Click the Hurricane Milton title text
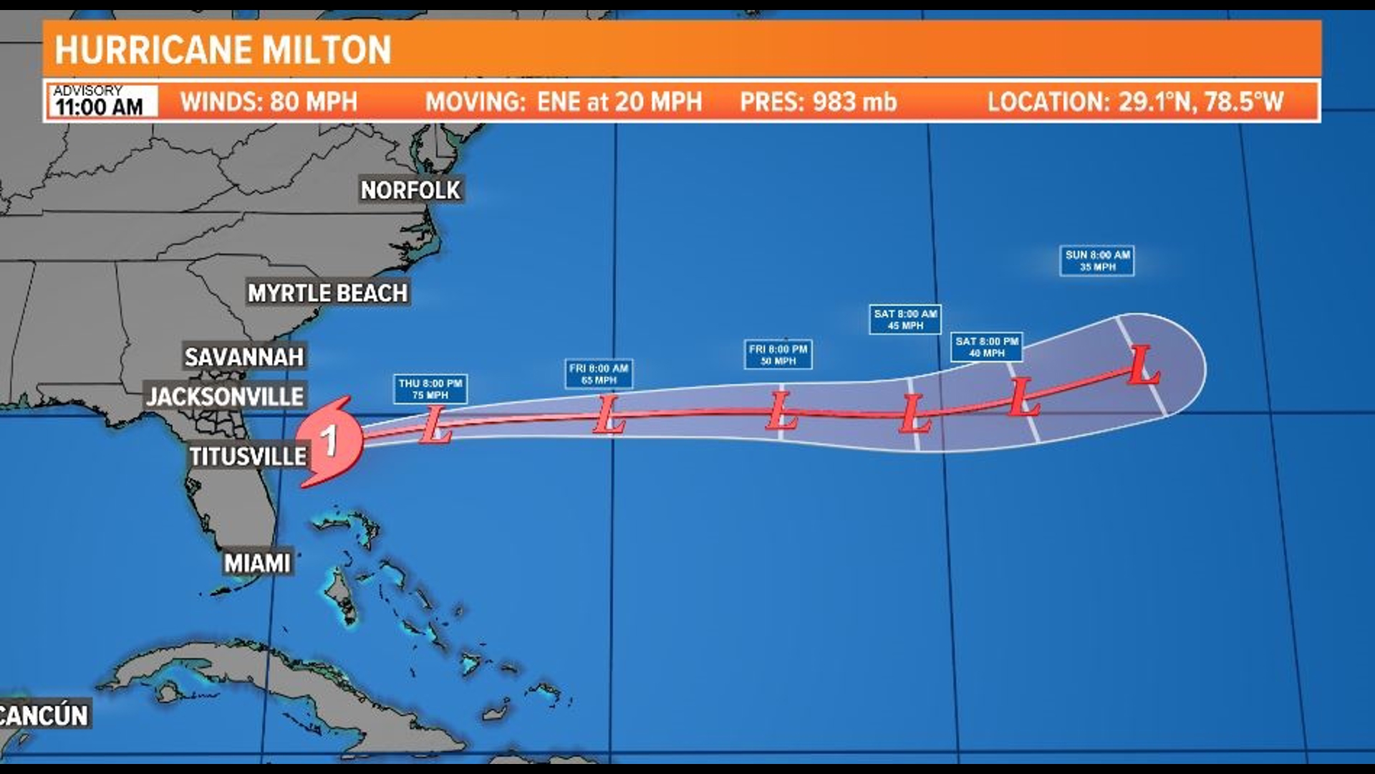pyautogui.click(x=223, y=50)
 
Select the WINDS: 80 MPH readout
pyautogui.click(x=269, y=102)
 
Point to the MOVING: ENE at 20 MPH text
pyautogui.click(x=564, y=102)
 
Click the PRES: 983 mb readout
pyautogui.click(x=818, y=102)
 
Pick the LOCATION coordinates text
pyautogui.click(x=1135, y=102)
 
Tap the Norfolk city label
pyautogui.click(x=410, y=190)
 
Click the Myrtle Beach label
pyautogui.click(x=327, y=293)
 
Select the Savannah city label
pyautogui.click(x=244, y=357)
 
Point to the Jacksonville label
pyautogui.click(x=225, y=396)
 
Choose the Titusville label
pyautogui.click(x=248, y=457)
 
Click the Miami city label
pyautogui.click(x=257, y=563)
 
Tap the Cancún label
pyautogui.click(x=44, y=715)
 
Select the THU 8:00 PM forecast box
pyautogui.click(x=430, y=389)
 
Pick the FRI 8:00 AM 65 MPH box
pyautogui.click(x=599, y=374)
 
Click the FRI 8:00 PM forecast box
pyautogui.click(x=778, y=355)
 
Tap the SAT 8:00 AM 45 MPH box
pyautogui.click(x=905, y=320)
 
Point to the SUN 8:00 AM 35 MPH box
pyautogui.click(x=1097, y=261)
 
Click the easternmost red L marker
pyautogui.click(x=1142, y=365)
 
